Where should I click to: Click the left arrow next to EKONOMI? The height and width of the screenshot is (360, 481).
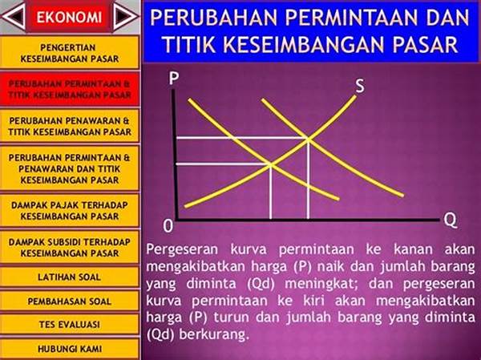coord(14,16)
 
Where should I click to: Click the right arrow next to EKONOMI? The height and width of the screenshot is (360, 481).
coord(124,16)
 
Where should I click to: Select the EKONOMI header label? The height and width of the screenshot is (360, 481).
coord(69,17)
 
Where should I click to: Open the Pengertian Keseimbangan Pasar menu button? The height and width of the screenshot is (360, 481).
coord(70,52)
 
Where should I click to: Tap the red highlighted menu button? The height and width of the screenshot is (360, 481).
coord(70,89)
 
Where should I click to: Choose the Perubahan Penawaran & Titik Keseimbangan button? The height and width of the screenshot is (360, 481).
coord(70,126)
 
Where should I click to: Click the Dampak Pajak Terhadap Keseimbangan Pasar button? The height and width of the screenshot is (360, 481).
coord(70,211)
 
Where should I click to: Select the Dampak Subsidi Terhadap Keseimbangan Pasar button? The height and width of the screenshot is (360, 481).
coord(70,248)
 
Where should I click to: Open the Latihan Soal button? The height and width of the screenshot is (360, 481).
coord(70,277)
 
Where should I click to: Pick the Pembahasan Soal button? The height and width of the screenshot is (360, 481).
coord(70,301)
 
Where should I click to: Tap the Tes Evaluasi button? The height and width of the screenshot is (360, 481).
coord(70,325)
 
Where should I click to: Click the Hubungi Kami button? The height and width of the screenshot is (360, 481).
coord(70,349)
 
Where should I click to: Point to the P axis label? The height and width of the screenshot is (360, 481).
coord(174,79)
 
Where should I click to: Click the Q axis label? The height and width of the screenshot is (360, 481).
coord(451,220)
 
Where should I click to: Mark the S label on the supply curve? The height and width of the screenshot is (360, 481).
coord(360,86)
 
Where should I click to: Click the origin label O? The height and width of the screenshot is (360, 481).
coord(168,227)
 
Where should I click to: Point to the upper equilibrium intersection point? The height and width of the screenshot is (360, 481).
coord(308,140)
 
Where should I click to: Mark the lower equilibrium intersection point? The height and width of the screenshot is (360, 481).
coord(271,165)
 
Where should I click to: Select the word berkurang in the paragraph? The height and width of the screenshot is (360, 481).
coord(213,334)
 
